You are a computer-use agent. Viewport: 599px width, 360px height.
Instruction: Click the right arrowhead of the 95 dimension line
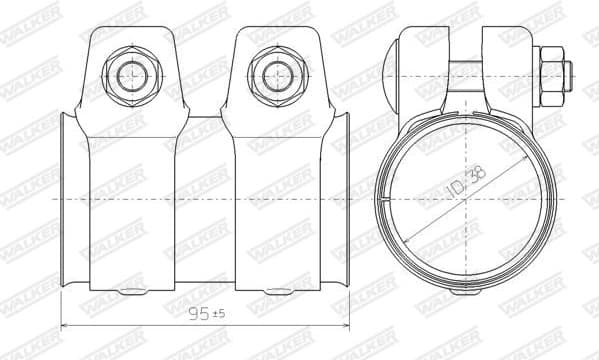pos(346,326)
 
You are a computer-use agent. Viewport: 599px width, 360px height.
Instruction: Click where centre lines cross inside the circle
pos(467,200)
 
